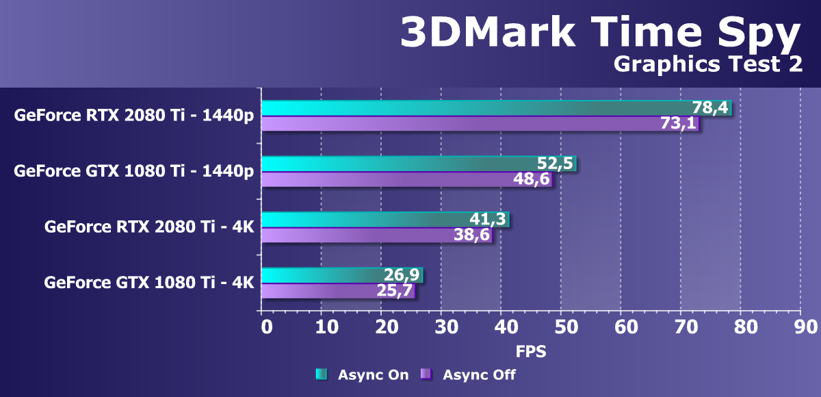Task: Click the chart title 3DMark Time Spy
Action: click(x=599, y=32)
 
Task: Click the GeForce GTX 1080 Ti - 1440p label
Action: click(x=134, y=171)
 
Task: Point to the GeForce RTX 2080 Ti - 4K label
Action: click(x=149, y=227)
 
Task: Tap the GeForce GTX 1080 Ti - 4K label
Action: click(x=149, y=282)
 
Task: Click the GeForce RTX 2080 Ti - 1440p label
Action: click(x=134, y=115)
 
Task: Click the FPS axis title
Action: click(x=531, y=353)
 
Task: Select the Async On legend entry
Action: click(x=362, y=374)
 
